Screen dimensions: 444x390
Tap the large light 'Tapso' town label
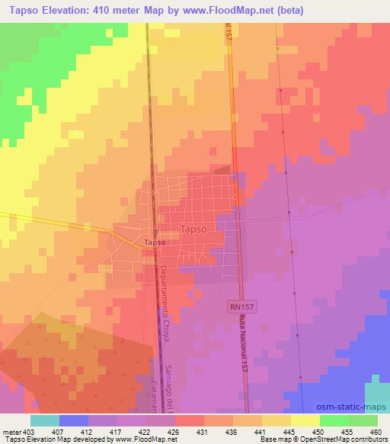(x=195, y=228)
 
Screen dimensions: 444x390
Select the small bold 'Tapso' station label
(x=155, y=243)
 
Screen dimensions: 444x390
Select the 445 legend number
(x=289, y=431)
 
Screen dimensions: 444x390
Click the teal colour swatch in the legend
(x=44, y=420)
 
